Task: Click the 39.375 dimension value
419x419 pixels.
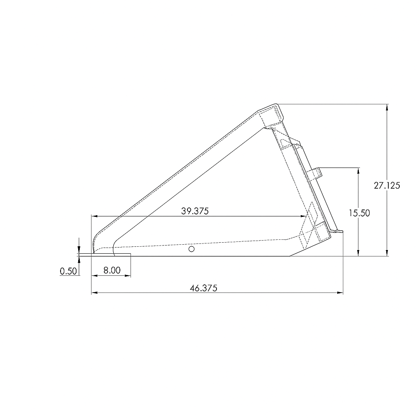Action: coord(195,211)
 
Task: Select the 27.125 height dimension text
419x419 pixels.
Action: coord(387,185)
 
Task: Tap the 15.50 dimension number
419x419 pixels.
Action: coord(359,213)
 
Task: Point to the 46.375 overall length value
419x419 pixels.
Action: coord(203,288)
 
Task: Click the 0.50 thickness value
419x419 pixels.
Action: coord(68,271)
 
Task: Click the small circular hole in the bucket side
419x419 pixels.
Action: coord(191,249)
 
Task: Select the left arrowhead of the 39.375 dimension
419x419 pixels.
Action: coord(94,216)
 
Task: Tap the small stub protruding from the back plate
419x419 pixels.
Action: coord(316,173)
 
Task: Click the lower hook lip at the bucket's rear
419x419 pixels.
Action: coord(337,231)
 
